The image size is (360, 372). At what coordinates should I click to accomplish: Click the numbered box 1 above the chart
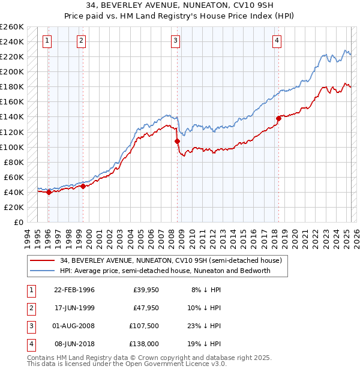[47, 41]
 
